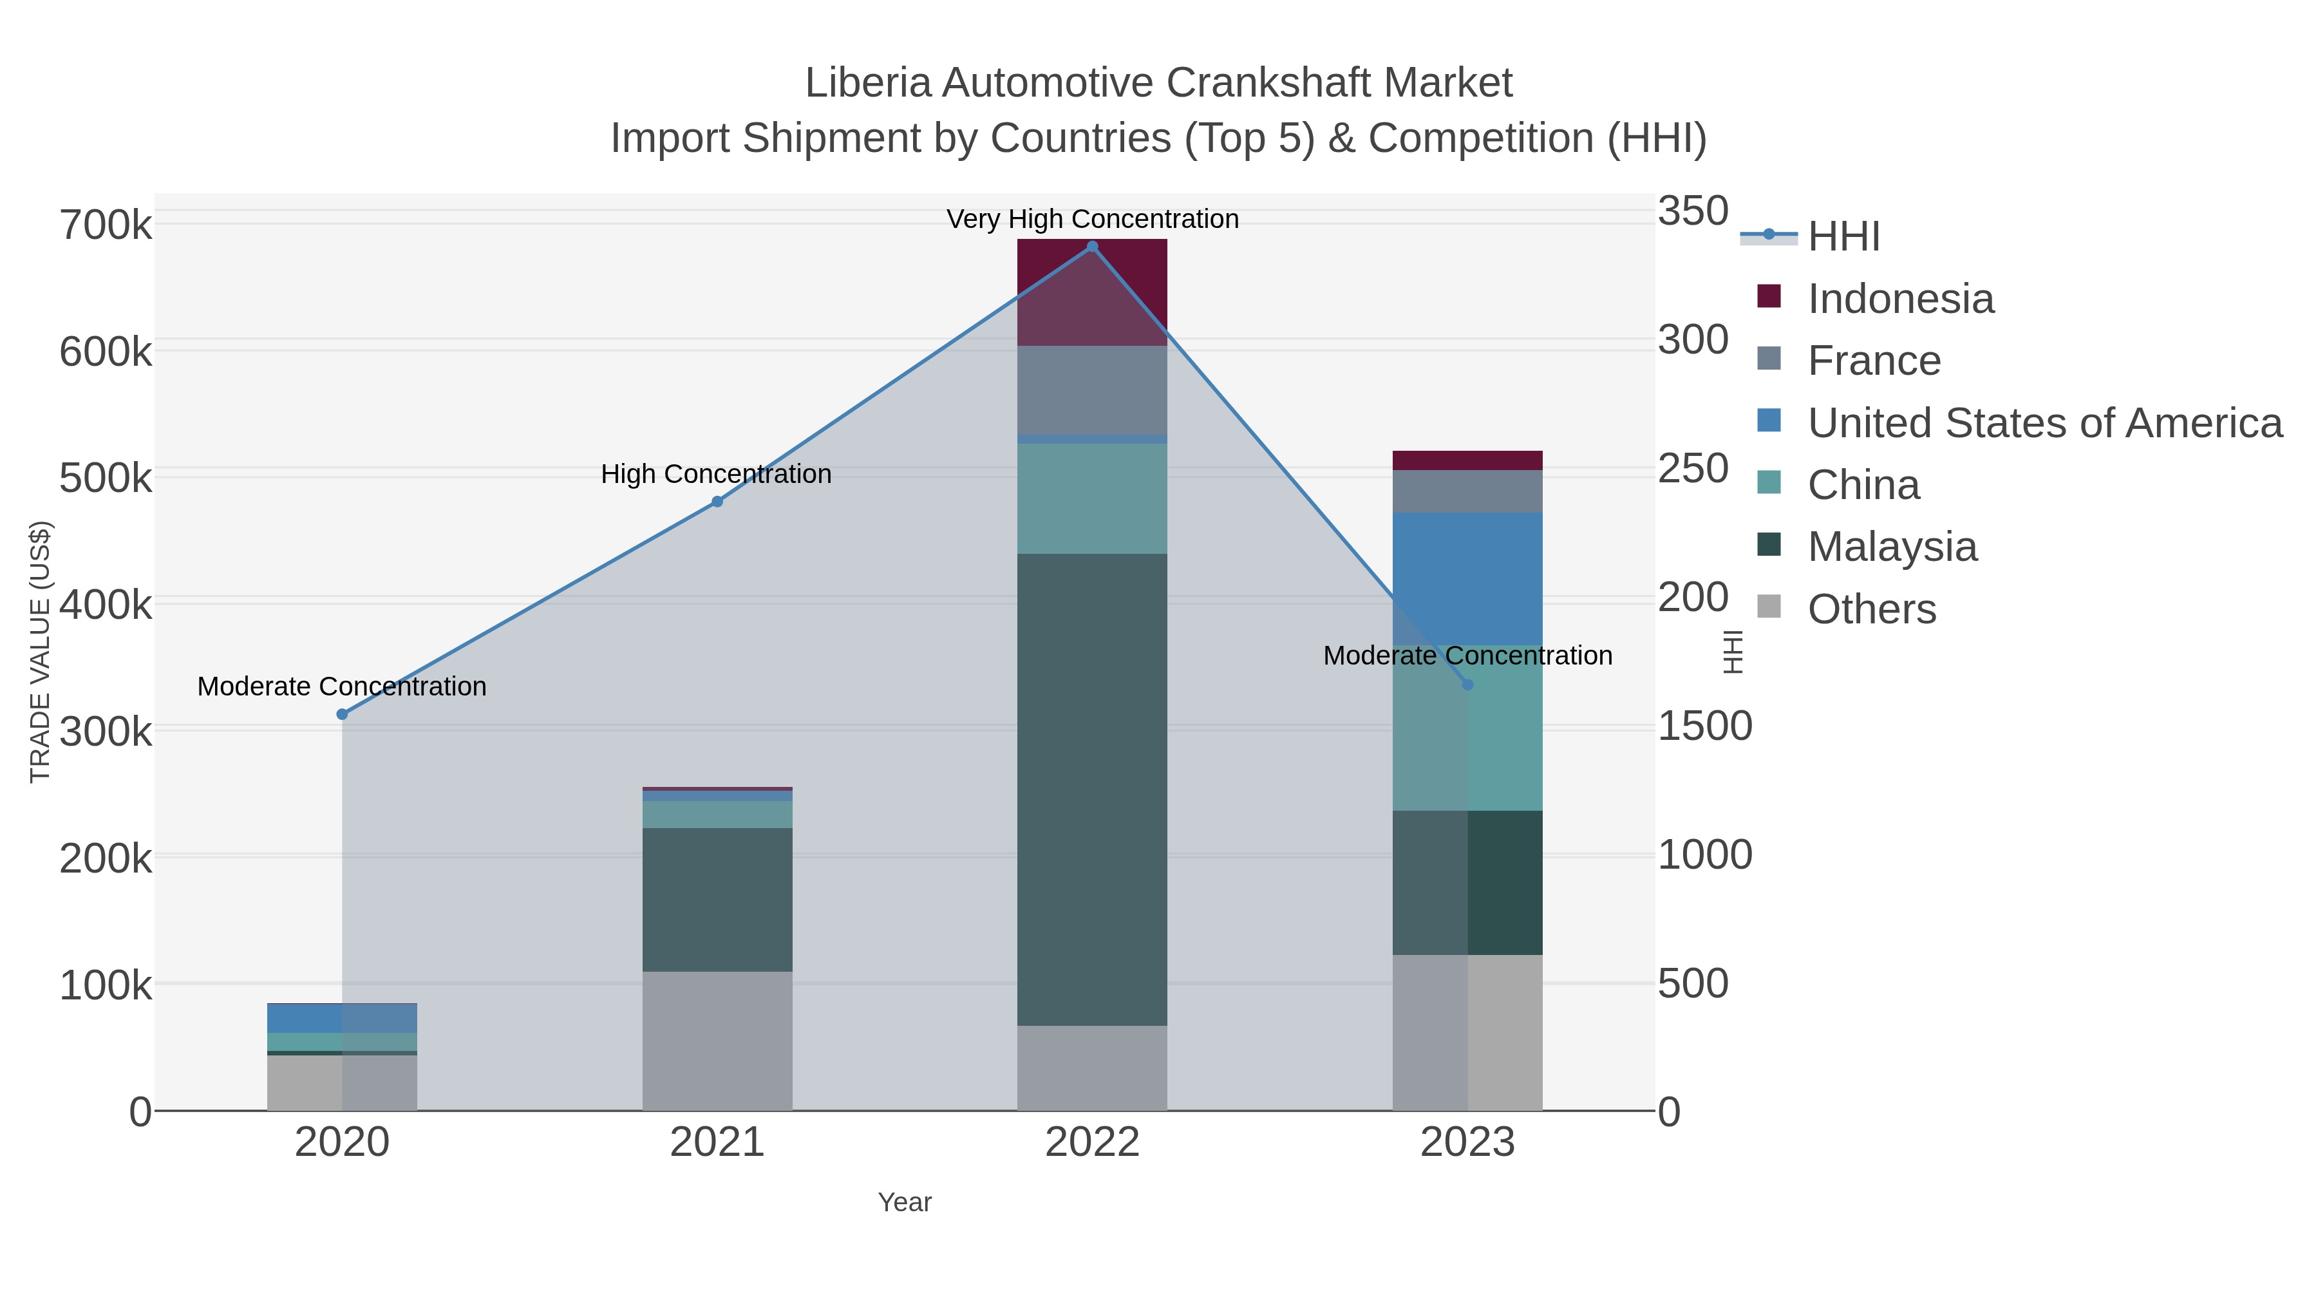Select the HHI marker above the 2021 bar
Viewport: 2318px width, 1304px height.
pyautogui.click(x=717, y=501)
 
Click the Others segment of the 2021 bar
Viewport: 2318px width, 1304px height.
pyautogui.click(x=717, y=1041)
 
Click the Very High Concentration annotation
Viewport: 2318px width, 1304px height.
pyautogui.click(x=1093, y=220)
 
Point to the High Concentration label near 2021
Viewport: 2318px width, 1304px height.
pyautogui.click(x=716, y=474)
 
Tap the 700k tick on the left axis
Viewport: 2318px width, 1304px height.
pyautogui.click(x=106, y=225)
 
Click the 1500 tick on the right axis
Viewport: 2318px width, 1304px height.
pyautogui.click(x=1704, y=726)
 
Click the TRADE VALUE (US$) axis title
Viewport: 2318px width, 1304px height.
pyautogui.click(x=41, y=652)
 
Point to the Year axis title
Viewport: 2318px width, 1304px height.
pyautogui.click(x=905, y=1202)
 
